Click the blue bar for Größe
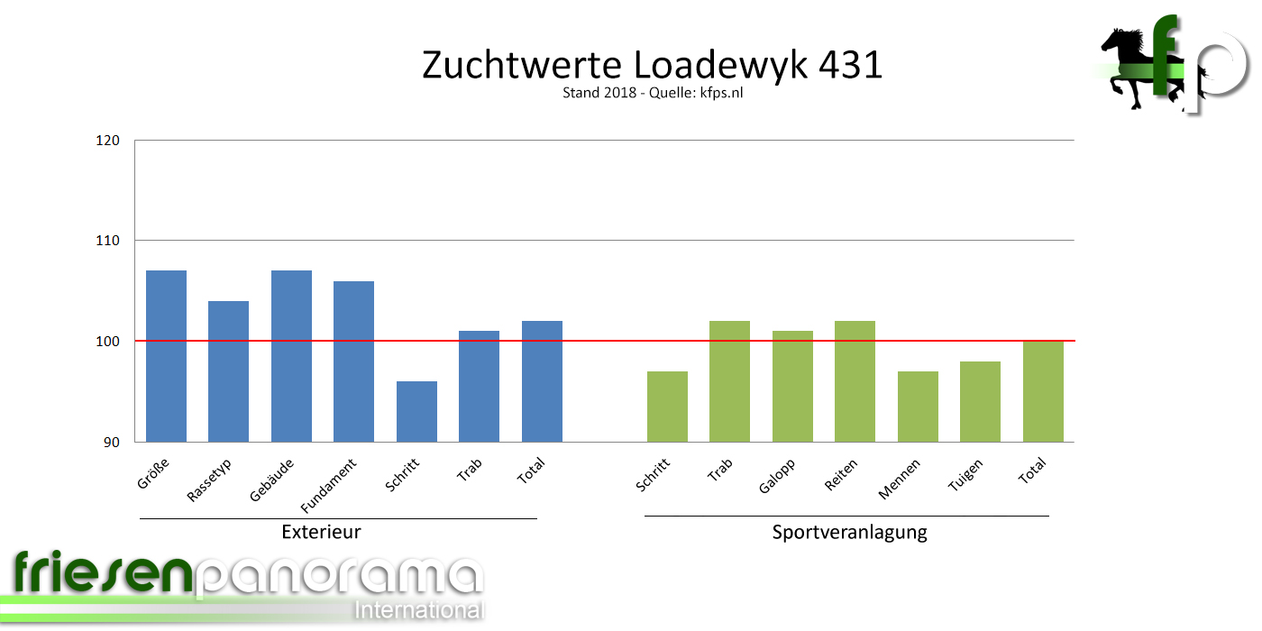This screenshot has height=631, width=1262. (166, 356)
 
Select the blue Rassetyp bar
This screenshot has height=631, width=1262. (228, 371)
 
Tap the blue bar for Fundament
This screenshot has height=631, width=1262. (353, 361)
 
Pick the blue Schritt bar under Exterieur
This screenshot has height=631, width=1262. (416, 411)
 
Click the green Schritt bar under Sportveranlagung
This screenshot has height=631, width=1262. (667, 407)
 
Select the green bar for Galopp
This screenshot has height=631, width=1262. (792, 386)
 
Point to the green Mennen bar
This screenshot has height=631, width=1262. (918, 407)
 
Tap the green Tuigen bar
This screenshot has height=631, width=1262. (980, 401)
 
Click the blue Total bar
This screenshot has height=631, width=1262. (542, 381)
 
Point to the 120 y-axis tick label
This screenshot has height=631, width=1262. (109, 141)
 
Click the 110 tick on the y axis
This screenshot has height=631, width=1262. (109, 241)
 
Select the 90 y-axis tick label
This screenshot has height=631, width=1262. (113, 442)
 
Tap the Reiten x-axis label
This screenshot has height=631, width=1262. (842, 474)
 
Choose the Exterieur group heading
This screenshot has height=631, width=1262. (321, 532)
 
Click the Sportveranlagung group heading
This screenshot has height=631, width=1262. (849, 532)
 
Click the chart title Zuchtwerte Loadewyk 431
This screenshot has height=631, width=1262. (652, 66)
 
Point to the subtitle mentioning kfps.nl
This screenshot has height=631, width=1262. (652, 93)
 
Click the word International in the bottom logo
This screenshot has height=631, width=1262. (419, 609)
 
